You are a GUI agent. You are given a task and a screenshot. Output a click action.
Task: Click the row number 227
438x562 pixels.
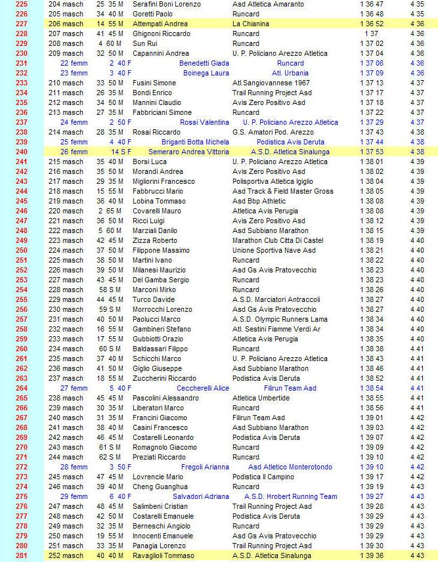click(21, 24)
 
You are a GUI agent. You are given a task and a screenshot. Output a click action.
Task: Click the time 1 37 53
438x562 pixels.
click(372, 152)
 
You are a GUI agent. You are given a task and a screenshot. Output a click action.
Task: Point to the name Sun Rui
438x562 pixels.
click(146, 43)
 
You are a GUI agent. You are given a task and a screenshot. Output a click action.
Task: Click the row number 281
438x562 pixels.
click(21, 555)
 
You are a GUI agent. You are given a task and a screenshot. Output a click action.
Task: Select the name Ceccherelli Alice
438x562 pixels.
click(203, 388)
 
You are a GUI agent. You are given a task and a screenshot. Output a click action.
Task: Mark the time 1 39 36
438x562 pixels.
click(372, 555)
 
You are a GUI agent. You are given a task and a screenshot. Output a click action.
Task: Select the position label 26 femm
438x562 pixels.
click(74, 152)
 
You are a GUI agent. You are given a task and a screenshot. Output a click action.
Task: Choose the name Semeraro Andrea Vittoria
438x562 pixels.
click(188, 152)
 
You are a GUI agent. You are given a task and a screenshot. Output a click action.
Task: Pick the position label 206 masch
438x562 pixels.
click(66, 24)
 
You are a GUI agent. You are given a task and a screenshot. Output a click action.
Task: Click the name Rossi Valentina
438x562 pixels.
click(204, 122)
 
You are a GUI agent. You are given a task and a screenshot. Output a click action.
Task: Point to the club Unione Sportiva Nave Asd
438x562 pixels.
click(274, 250)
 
